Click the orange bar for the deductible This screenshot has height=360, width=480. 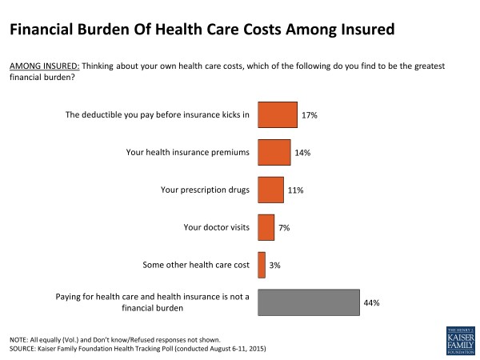pyautogui.click(x=277, y=115)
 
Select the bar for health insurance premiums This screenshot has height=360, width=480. pyautogui.click(x=274, y=152)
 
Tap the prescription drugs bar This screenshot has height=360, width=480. pyautogui.click(x=270, y=190)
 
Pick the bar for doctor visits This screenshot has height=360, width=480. pyautogui.click(x=266, y=227)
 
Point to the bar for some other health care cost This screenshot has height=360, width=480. pyautogui.click(x=262, y=265)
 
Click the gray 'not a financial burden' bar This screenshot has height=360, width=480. pyautogui.click(x=308, y=302)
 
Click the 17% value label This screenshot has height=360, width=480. pyautogui.click(x=310, y=115)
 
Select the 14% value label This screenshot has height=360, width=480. pyautogui.click(x=303, y=152)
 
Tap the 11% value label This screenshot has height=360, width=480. pyautogui.click(x=296, y=190)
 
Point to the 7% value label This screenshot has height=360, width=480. pyautogui.click(x=285, y=227)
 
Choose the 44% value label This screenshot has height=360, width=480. pyautogui.click(x=370, y=302)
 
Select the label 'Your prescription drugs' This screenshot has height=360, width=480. pyautogui.click(x=204, y=190)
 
